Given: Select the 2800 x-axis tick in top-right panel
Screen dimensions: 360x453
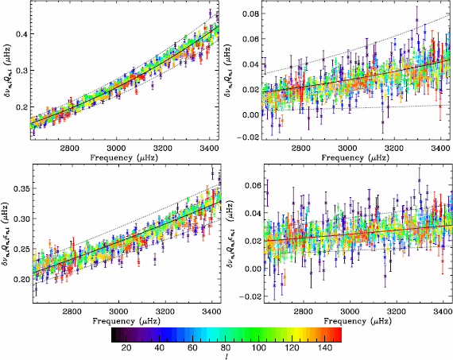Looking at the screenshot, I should tap(301, 148).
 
